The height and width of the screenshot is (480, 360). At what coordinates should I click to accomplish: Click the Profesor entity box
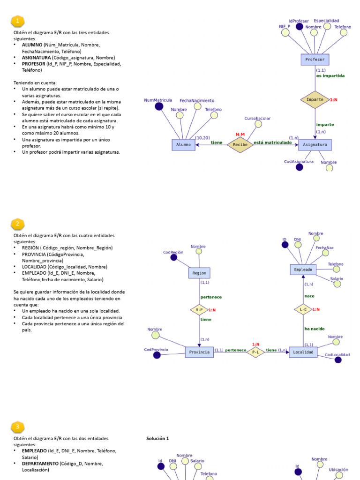[x=315, y=60]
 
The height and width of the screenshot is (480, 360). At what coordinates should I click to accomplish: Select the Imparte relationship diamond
[x=315, y=99]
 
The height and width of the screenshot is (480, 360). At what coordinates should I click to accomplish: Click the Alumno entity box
[x=183, y=145]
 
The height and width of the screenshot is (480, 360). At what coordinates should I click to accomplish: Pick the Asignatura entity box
[x=315, y=145]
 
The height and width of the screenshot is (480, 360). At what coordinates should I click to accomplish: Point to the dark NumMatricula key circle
[x=159, y=107]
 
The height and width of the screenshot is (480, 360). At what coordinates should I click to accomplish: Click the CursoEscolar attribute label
[x=257, y=119]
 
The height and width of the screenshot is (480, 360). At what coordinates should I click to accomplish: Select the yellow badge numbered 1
[x=17, y=21]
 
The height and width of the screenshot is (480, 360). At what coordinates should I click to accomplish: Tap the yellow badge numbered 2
[x=17, y=224]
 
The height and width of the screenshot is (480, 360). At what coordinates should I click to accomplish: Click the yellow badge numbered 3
[x=17, y=427]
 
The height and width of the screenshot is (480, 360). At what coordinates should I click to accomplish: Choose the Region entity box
[x=199, y=272]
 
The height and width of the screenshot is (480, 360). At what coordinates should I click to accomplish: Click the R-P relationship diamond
[x=199, y=310]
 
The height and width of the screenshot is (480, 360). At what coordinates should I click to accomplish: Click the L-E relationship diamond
[x=303, y=309]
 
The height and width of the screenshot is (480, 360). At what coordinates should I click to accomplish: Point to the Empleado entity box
[x=303, y=270]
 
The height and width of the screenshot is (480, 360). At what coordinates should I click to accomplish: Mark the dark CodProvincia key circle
[x=157, y=355]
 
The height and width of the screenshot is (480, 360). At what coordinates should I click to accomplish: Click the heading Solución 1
[x=157, y=438]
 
